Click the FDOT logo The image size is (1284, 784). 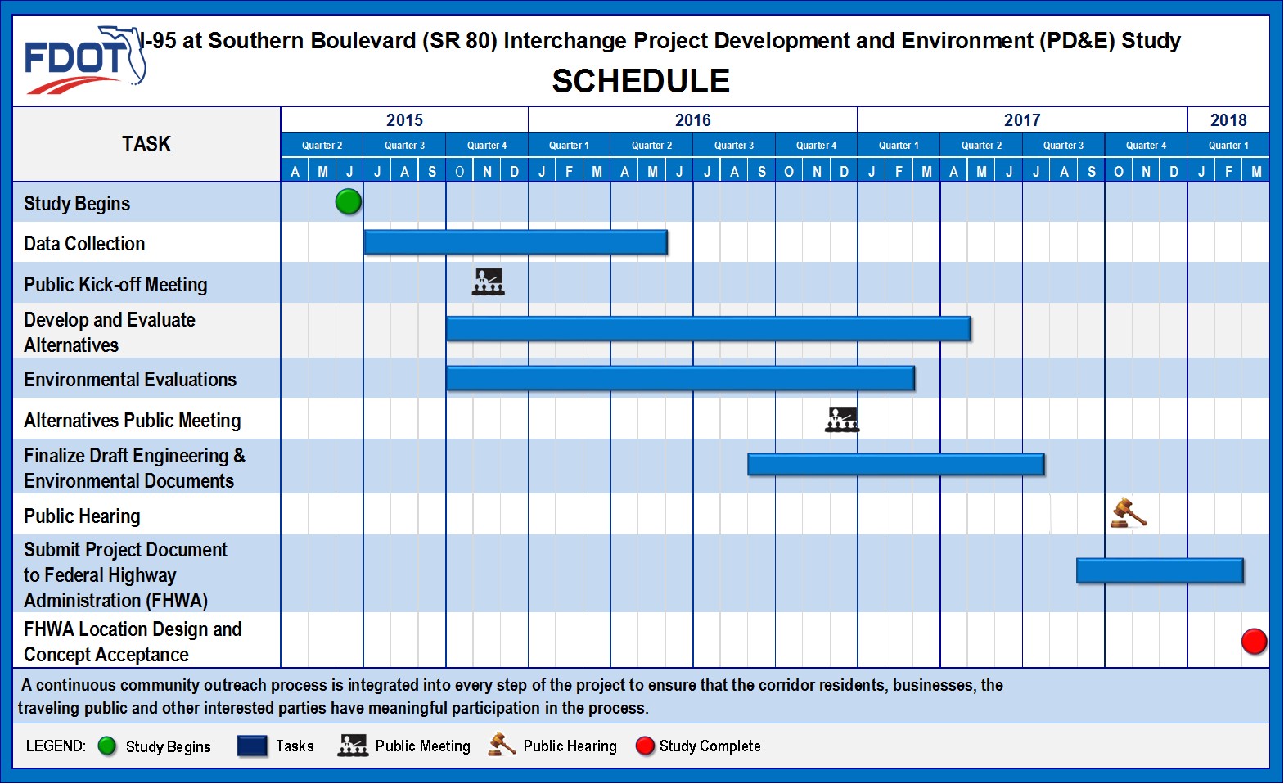click(x=85, y=60)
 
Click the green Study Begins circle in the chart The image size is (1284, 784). click(x=348, y=202)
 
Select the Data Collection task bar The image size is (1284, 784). click(x=516, y=242)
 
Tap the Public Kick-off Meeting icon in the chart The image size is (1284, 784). click(x=489, y=282)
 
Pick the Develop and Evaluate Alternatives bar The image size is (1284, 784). click(x=709, y=329)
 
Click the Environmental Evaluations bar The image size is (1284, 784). click(x=680, y=379)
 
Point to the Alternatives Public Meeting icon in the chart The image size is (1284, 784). click(x=841, y=420)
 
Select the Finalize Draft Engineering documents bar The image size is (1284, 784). click(x=896, y=464)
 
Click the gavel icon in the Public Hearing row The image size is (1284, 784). click(x=1128, y=513)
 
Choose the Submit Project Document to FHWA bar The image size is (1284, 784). click(x=1160, y=570)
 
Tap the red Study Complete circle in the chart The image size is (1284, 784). click(x=1255, y=642)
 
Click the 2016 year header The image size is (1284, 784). click(x=693, y=119)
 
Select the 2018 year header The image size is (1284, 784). click(x=1228, y=119)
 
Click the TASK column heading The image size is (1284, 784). click(x=146, y=144)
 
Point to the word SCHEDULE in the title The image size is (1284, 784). click(x=641, y=81)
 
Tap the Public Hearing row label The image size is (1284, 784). click(x=82, y=516)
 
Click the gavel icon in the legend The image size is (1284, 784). click(x=502, y=745)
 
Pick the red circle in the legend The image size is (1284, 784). click(x=645, y=746)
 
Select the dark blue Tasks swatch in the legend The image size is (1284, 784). click(x=252, y=746)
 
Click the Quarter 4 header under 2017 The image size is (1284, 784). click(x=1146, y=146)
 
